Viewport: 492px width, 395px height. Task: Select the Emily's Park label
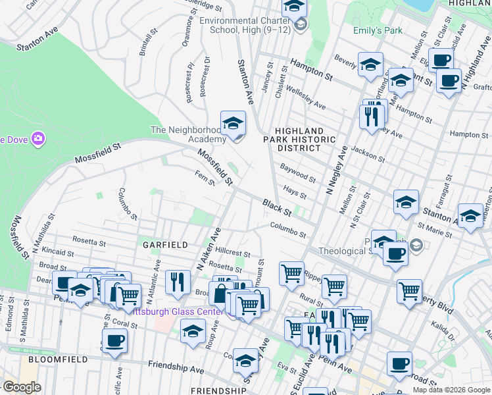(x=377, y=30)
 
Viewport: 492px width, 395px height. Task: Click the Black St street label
(x=276, y=207)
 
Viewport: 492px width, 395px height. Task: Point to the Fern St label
(x=205, y=178)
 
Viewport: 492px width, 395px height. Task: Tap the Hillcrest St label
(x=233, y=253)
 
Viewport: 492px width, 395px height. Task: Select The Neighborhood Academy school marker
(x=233, y=123)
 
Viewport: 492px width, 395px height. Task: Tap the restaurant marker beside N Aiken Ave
(x=178, y=282)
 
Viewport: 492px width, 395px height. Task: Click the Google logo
(x=22, y=387)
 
